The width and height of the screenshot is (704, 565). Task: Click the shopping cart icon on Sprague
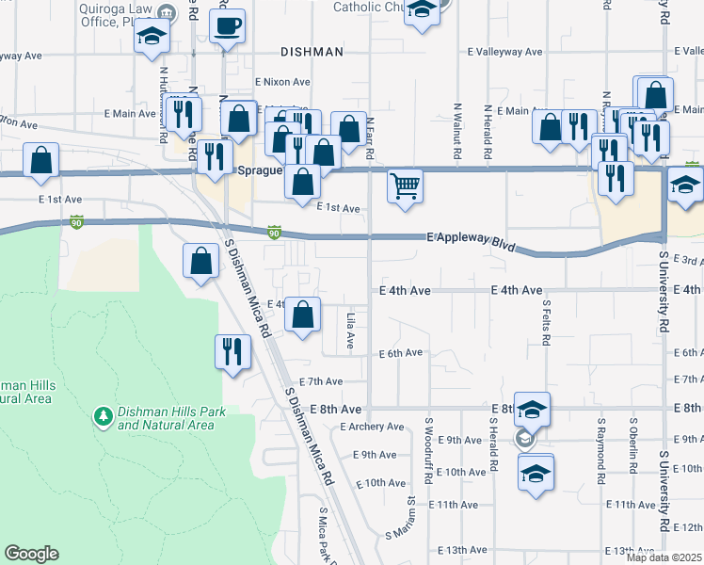point(405,186)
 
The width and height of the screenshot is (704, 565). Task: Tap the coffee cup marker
point(227,26)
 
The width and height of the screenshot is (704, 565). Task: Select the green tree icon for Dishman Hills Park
point(102,415)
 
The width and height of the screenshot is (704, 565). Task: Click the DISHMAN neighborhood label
point(311,52)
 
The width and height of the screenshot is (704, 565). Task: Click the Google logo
point(31,554)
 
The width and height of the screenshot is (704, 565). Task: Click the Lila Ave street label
point(349,331)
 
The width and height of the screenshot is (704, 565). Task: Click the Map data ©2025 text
point(664,557)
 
